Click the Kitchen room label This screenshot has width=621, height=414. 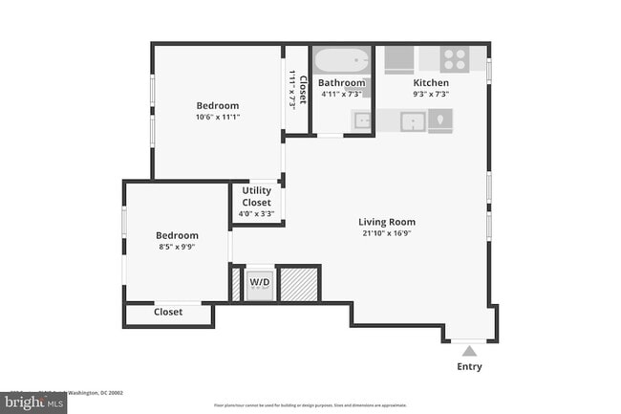coord(431,83)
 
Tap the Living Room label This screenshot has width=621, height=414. coord(389,222)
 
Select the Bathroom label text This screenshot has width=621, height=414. coord(342,83)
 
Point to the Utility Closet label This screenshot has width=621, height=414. coord(256,197)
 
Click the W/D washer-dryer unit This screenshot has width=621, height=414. coord(260,284)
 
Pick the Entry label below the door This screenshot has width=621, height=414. coord(469,367)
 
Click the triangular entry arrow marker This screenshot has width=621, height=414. coord(469,350)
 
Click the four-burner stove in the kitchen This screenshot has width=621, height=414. coord(454,59)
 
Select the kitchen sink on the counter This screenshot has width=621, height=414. coord(413,121)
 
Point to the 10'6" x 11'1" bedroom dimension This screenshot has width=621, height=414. coord(218,118)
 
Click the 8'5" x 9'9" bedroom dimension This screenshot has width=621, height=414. coord(178,248)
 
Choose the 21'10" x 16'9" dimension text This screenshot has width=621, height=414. coord(389,233)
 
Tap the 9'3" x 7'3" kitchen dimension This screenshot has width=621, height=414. coord(431,95)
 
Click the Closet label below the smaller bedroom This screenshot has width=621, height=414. coord(168,312)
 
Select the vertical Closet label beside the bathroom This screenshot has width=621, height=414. coord(302,88)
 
